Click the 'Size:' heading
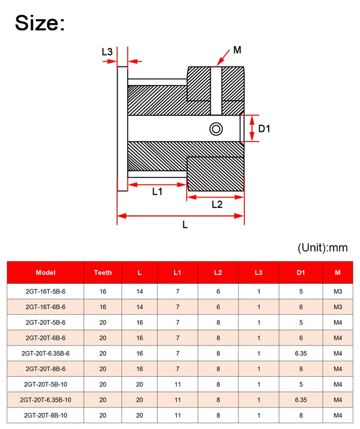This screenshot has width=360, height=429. [x=40, y=22]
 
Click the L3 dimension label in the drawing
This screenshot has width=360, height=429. [x=107, y=52]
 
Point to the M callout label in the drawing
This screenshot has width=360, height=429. [x=237, y=50]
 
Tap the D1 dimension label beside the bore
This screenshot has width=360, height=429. [x=264, y=129]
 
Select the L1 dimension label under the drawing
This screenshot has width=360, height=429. [x=157, y=192]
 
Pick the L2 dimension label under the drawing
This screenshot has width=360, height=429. [x=217, y=204]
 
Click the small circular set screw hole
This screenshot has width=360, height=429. [x=216, y=129]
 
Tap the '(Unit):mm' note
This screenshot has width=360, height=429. [x=323, y=247]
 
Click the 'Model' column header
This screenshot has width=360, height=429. [x=45, y=272]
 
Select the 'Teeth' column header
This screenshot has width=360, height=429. [x=103, y=272]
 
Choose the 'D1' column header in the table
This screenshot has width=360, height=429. [x=301, y=272]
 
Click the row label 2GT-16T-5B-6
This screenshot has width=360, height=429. [x=45, y=291]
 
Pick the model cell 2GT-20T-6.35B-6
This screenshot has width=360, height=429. [x=45, y=353]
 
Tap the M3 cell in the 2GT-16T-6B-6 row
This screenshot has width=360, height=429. [x=338, y=307]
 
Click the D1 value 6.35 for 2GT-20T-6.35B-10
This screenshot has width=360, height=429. [x=301, y=400]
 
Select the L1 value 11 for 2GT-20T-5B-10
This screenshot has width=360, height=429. [x=178, y=384]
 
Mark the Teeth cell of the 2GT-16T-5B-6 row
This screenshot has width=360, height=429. [x=103, y=291]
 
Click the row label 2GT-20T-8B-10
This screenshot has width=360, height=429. [x=45, y=416]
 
